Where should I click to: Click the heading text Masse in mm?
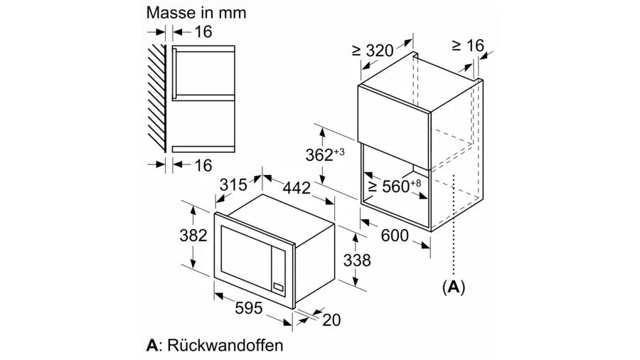[196, 13]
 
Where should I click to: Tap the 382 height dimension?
[193, 235]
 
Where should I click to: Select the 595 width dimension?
[249, 308]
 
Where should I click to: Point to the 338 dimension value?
[357, 260]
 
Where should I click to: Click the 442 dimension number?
[297, 188]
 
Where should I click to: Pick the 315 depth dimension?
[233, 185]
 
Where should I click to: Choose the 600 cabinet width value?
[395, 235]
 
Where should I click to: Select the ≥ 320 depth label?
[373, 51]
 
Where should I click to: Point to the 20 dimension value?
[331, 320]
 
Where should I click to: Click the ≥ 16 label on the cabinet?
[468, 46]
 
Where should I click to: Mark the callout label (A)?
[454, 287]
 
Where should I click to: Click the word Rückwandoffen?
[225, 345]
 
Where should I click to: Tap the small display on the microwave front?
[278, 287]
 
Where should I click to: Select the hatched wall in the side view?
[157, 98]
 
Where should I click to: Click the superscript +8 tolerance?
[415, 183]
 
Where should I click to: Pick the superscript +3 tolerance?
[339, 152]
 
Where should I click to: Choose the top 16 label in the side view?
[203, 32]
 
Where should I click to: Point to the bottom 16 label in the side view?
[203, 165]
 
